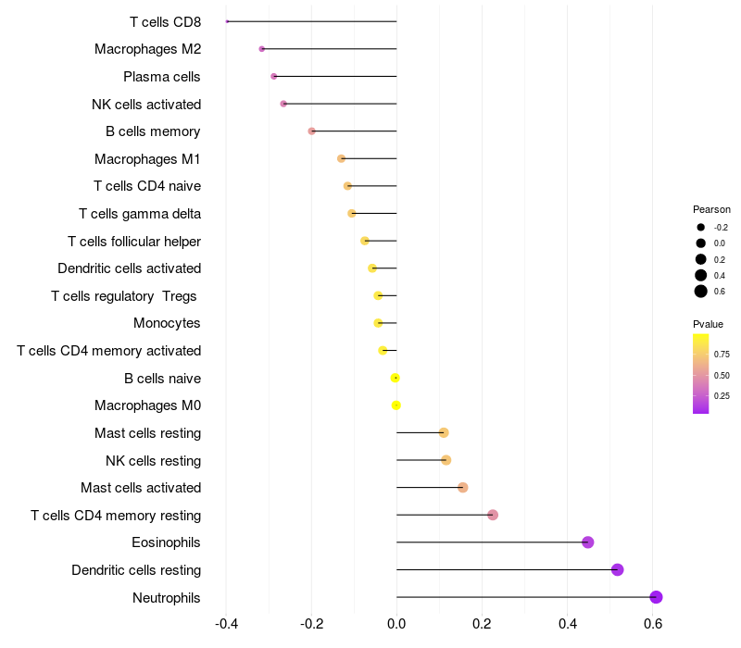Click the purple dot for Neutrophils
[656, 597]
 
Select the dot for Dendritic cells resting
[618, 570]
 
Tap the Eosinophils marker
[587, 542]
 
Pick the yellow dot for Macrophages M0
[396, 405]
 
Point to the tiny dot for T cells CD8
[227, 21]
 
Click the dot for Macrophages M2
[262, 49]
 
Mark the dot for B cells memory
[312, 131]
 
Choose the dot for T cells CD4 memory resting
[493, 515]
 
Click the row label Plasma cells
[162, 77]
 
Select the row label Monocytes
[167, 323]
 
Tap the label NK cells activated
[146, 104]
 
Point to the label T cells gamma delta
[140, 214]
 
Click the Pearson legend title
[711, 209]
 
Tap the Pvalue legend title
[708, 324]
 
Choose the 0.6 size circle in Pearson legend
[701, 292]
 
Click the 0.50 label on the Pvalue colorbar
[722, 375]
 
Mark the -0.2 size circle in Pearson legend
[701, 227]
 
